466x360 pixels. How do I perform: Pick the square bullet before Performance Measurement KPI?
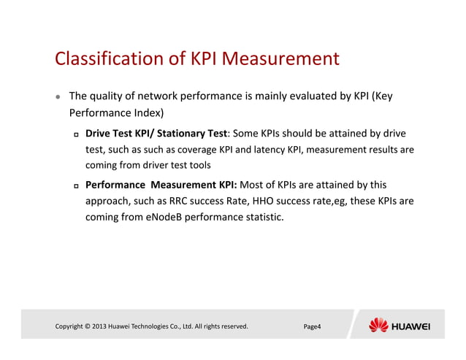75,186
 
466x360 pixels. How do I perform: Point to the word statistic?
259,216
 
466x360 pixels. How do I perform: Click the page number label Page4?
312,326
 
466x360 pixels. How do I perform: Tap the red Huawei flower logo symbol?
378,325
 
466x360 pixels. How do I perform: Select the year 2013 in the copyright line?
99,326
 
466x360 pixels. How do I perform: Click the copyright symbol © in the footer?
87,326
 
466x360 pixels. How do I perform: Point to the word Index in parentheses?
146,113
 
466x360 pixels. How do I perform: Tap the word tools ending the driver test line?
199,165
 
